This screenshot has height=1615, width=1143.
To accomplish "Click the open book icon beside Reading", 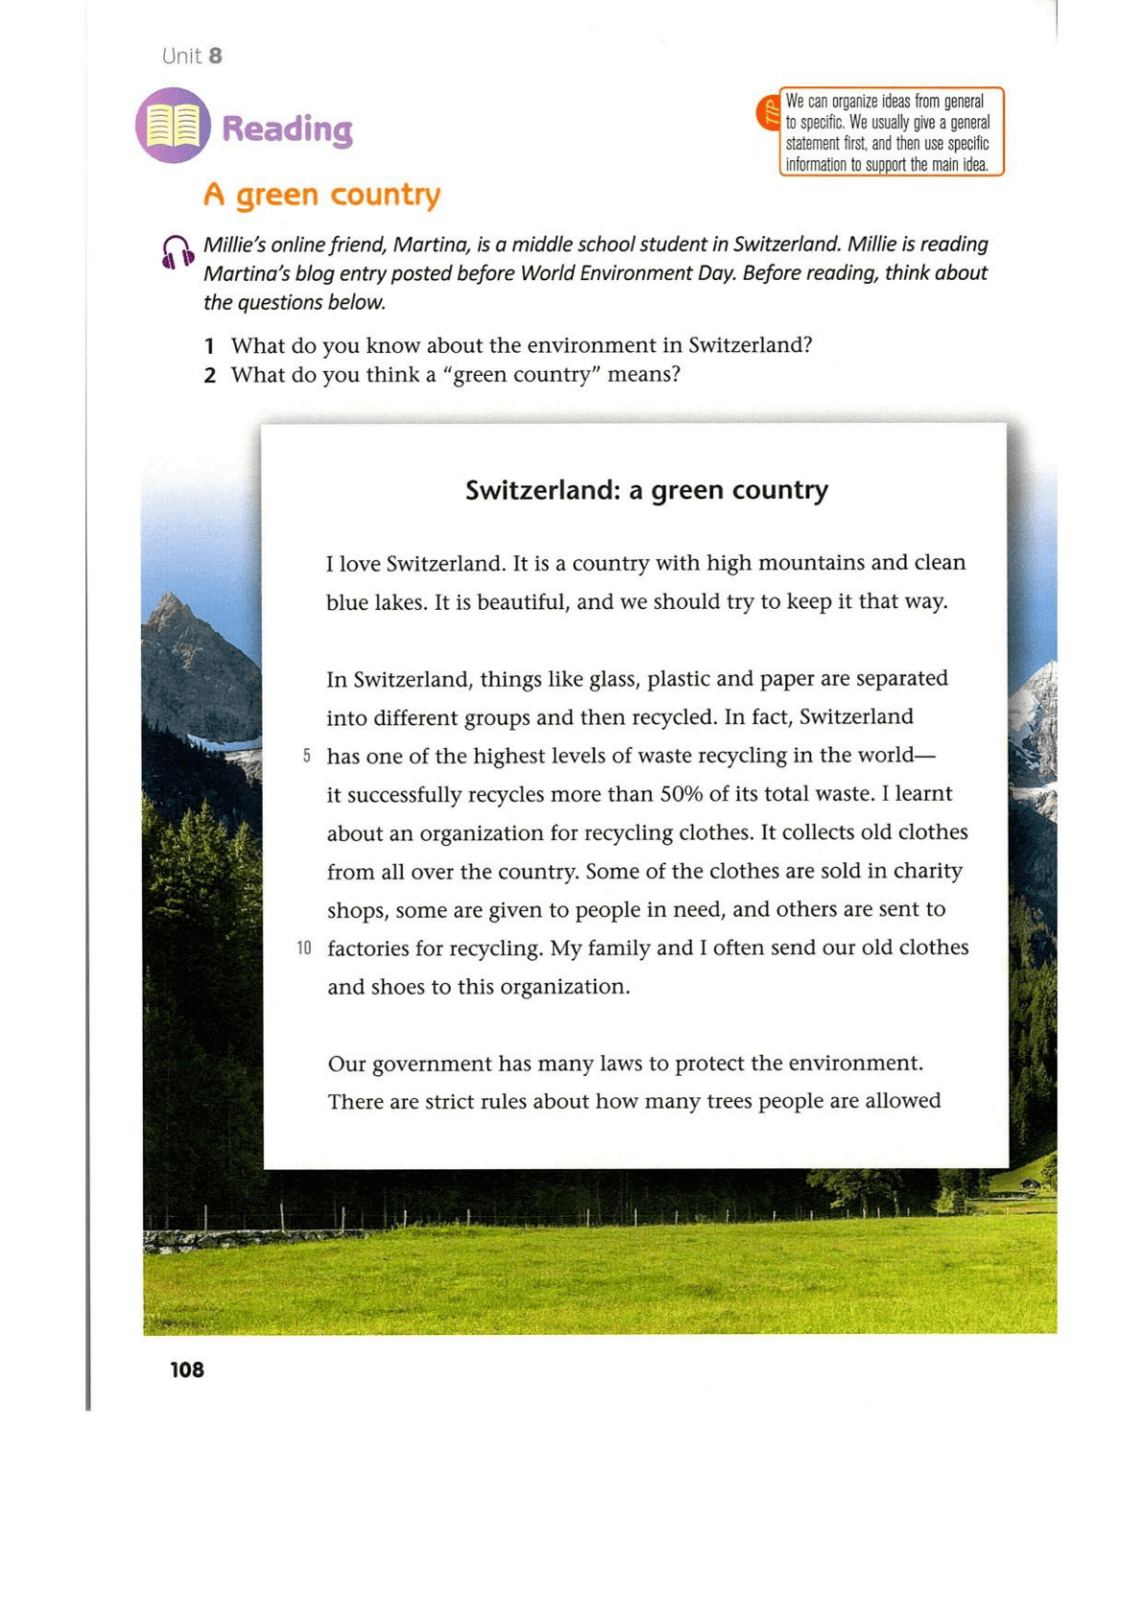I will (x=173, y=126).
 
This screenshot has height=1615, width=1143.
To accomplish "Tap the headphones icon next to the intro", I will (x=177, y=252).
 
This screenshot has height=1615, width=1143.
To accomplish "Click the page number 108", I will (x=187, y=1369).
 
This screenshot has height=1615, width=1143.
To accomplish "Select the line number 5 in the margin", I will (x=306, y=756).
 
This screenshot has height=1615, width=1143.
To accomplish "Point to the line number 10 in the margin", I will (x=304, y=948).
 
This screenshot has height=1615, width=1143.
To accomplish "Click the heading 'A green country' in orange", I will (x=322, y=195).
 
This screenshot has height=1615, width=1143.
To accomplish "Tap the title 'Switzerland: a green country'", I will (x=646, y=490).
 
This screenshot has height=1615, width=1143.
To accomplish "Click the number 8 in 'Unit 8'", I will (x=216, y=56).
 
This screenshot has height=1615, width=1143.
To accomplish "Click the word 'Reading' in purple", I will (x=288, y=129).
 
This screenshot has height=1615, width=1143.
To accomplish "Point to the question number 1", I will (x=209, y=346).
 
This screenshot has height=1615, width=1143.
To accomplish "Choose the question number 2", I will (x=209, y=375).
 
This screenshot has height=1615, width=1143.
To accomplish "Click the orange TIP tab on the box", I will (x=769, y=113).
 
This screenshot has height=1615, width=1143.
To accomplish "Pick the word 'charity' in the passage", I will (x=927, y=871).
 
